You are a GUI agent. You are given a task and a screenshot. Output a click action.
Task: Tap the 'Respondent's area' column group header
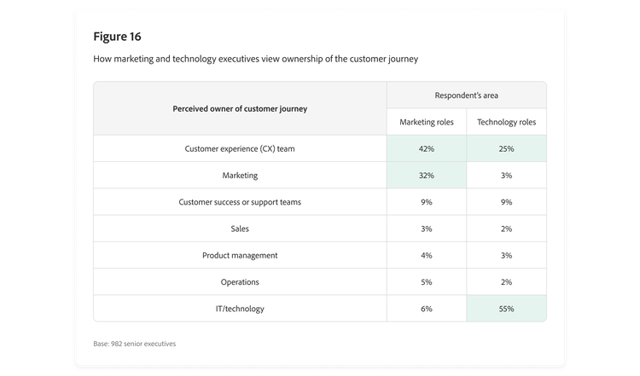(466, 95)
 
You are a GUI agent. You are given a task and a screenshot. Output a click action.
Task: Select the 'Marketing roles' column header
(427, 122)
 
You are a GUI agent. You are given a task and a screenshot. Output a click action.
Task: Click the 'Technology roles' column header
(506, 122)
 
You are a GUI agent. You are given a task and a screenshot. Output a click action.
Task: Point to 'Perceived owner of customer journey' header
(240, 108)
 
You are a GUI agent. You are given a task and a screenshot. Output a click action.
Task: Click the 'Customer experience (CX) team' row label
(240, 148)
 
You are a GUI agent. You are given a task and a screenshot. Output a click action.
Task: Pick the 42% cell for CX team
(427, 148)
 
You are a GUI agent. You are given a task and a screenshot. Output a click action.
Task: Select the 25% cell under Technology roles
(506, 148)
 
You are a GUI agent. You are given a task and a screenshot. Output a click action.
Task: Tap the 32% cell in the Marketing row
(427, 176)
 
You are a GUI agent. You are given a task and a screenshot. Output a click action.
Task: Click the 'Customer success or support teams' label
(240, 202)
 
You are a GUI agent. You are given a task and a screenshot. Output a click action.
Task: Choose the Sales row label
(240, 228)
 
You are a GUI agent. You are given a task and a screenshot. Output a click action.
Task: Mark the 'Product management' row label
(240, 255)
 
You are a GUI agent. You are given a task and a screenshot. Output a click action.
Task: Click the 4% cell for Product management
(427, 255)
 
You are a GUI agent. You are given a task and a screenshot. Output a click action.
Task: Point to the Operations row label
(240, 281)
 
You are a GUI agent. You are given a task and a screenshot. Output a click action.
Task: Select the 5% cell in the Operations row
(427, 281)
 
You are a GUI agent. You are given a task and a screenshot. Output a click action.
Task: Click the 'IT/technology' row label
(240, 309)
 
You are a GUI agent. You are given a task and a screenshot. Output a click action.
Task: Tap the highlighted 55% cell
(506, 309)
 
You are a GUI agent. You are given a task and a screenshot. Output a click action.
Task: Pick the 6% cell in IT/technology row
(427, 309)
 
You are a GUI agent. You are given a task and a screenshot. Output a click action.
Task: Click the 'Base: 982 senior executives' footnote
(135, 344)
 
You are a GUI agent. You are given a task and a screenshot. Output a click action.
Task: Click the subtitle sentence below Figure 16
(255, 59)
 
